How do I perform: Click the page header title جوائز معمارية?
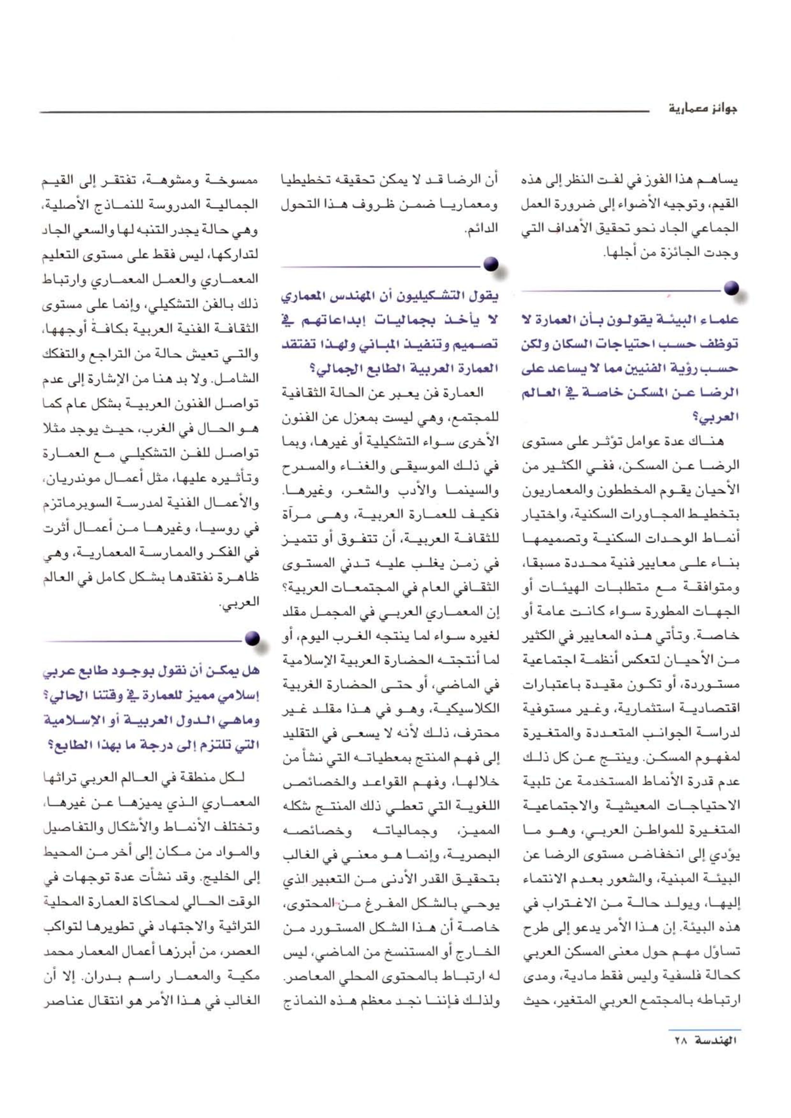703,109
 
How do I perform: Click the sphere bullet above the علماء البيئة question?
731,288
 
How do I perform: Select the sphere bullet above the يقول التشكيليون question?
491,264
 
